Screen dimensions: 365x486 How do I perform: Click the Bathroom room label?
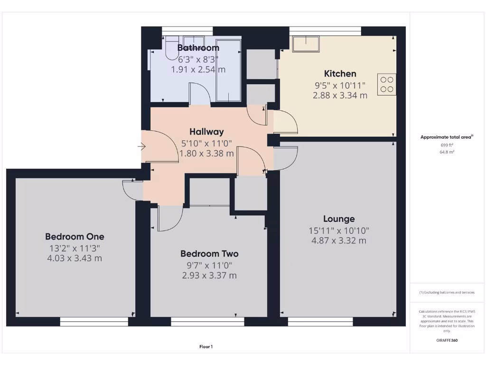[198, 48]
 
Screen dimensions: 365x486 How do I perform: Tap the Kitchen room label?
[340, 74]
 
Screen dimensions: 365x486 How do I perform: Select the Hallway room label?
[206, 132]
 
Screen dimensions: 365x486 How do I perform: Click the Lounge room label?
[339, 219]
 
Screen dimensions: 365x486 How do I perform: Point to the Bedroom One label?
[75, 236]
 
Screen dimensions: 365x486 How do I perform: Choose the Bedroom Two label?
[209, 254]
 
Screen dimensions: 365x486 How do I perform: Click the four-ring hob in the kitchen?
[387, 84]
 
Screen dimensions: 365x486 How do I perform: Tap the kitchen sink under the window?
[306, 44]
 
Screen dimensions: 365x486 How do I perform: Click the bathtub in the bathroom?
[228, 70]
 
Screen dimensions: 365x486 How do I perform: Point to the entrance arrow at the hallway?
[141, 147]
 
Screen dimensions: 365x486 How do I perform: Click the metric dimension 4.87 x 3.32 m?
[339, 240]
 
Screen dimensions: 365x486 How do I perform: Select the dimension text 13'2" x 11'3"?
[75, 248]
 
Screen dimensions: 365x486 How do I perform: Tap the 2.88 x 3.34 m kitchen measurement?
[340, 95]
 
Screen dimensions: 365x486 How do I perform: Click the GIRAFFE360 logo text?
[448, 340]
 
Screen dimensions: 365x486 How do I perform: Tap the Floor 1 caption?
[206, 347]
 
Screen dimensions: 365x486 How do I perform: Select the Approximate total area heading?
[447, 137]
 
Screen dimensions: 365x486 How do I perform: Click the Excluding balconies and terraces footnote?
[447, 292]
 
